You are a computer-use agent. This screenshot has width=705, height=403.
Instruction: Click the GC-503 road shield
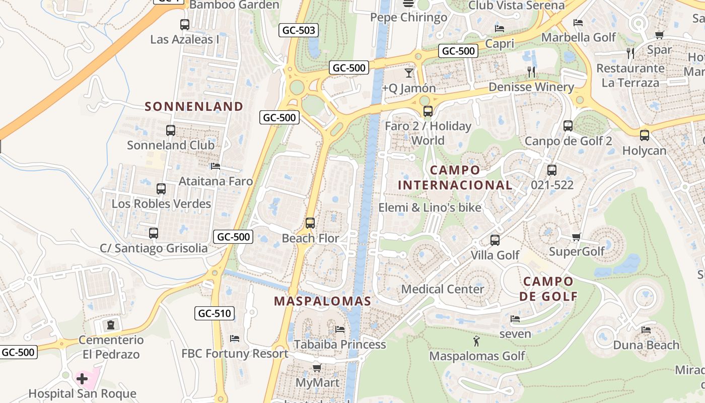(299, 30)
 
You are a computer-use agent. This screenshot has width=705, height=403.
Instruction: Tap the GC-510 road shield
(215, 313)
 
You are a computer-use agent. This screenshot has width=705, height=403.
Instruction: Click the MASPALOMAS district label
(322, 301)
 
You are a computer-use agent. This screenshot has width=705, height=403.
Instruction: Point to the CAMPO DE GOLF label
(548, 289)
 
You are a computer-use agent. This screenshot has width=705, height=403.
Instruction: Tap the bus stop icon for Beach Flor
(310, 223)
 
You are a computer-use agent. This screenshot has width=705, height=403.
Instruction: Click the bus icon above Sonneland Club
(171, 130)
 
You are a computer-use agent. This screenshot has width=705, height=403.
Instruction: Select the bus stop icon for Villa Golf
(495, 240)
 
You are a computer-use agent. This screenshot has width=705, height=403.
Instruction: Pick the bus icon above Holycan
(645, 136)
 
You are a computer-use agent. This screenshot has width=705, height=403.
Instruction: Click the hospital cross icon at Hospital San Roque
(82, 378)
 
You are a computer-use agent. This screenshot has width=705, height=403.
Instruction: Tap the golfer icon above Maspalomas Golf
(476, 342)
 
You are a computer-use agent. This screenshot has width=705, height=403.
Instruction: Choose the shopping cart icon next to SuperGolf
(577, 237)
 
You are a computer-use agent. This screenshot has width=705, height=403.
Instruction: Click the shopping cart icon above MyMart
(317, 368)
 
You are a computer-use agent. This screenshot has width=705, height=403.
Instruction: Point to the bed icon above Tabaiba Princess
(340, 329)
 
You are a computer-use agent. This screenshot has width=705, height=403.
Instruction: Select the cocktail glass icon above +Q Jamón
(408, 73)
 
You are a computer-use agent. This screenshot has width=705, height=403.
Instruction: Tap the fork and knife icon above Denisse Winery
(531, 72)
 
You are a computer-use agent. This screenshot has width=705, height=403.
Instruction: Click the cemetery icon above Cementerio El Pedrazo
(111, 325)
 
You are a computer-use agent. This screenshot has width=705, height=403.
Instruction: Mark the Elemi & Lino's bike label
(430, 208)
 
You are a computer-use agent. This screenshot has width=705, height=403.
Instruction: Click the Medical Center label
(442, 289)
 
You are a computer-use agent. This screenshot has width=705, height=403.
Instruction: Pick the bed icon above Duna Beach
(646, 330)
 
